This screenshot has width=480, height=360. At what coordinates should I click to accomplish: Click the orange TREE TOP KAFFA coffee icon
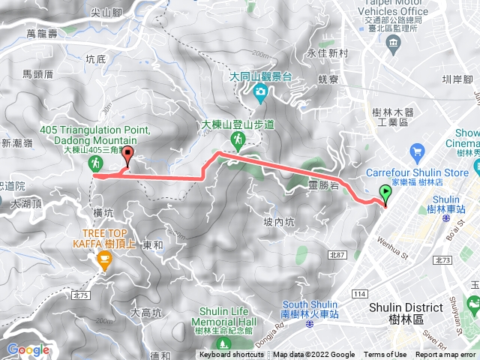[104, 261]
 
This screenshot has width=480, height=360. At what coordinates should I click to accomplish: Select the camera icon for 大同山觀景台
[260, 93]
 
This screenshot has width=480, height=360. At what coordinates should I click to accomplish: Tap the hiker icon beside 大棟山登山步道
[237, 140]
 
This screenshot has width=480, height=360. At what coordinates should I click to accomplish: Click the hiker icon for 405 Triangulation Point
[95, 163]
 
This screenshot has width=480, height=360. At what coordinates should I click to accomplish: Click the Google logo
[28, 349]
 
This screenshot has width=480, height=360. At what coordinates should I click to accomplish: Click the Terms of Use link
[385, 355]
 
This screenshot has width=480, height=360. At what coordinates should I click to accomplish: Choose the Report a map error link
[446, 355]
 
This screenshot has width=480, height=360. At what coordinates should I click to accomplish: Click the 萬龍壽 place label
[42, 34]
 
